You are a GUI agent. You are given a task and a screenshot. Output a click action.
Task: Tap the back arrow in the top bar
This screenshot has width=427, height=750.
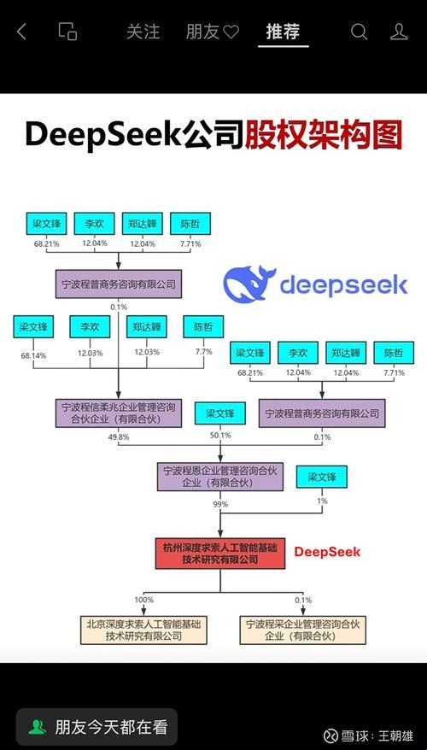click(x=22, y=32)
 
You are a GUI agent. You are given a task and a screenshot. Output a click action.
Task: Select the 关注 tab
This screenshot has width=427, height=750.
click(x=143, y=32)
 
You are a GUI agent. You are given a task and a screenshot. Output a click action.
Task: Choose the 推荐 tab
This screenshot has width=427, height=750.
click(x=283, y=32)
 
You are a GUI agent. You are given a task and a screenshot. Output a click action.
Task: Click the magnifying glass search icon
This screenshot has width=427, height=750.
click(x=360, y=32)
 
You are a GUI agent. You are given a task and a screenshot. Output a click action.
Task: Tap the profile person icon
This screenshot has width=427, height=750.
click(x=399, y=32)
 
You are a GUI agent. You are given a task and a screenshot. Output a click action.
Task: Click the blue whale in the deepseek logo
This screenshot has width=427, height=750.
click(x=249, y=284)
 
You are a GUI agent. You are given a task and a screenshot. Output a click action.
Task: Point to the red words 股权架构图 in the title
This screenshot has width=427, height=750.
click(x=323, y=134)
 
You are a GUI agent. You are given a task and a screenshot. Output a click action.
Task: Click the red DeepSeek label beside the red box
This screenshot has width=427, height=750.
click(x=327, y=552)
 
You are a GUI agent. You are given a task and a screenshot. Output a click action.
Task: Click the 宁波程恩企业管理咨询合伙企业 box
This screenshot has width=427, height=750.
click(x=219, y=477)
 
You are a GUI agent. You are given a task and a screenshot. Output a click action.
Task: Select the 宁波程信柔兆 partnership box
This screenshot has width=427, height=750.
click(x=117, y=413)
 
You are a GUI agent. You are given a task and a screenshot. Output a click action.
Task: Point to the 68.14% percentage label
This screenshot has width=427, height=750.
click(x=34, y=353)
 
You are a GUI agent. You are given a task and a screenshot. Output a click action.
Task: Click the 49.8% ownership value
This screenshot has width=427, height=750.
click(x=118, y=437)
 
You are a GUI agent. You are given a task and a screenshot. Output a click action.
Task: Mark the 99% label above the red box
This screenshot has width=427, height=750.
click(x=220, y=505)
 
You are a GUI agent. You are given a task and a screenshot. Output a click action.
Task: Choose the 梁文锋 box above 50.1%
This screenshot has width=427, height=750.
click(x=219, y=413)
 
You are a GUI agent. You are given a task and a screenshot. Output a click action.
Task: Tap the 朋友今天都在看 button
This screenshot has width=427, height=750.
click(x=96, y=727)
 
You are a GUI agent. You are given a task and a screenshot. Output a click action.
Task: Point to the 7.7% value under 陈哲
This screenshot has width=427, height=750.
click(x=203, y=352)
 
